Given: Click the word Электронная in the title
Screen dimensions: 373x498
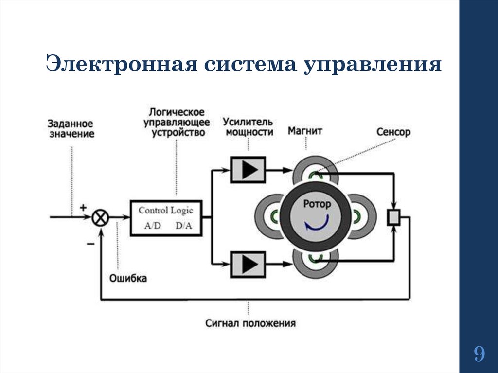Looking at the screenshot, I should pyautogui.click(x=119, y=65).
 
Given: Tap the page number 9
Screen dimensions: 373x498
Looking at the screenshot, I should pyautogui.click(x=479, y=354).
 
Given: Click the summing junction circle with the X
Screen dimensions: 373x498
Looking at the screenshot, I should pyautogui.click(x=101, y=217).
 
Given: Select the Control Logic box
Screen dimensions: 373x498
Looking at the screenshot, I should pyautogui.click(x=166, y=217).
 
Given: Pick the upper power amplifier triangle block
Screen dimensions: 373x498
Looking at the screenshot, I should pyautogui.click(x=248, y=170).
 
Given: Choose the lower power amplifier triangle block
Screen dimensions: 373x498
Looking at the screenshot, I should pyautogui.click(x=248, y=264).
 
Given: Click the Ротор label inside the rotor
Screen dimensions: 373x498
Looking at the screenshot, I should pyautogui.click(x=317, y=204).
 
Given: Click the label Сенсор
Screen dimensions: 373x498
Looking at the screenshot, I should pyautogui.click(x=393, y=132).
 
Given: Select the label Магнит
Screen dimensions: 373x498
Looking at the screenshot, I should pyautogui.click(x=305, y=131).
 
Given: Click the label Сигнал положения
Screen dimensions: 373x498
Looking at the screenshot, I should pyautogui.click(x=250, y=323).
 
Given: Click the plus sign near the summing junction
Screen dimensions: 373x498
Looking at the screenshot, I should pyautogui.click(x=83, y=207).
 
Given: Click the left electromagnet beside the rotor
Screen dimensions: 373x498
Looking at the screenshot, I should pyautogui.click(x=268, y=216).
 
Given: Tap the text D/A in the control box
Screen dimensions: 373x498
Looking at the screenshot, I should pyautogui.click(x=183, y=226).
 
